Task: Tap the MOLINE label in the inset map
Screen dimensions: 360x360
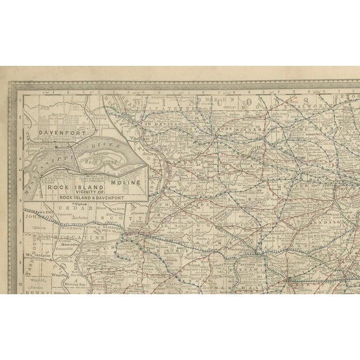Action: click(126, 183)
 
